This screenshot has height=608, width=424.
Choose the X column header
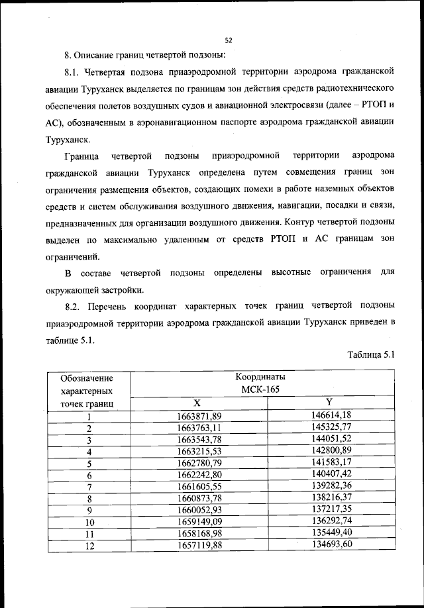coord(197,403)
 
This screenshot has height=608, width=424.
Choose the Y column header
coord(329,402)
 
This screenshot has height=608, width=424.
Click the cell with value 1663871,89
coord(199,415)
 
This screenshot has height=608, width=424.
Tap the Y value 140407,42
coord(331,474)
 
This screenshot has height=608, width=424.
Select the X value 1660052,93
coord(199,510)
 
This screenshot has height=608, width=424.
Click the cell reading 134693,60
coord(331,544)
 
